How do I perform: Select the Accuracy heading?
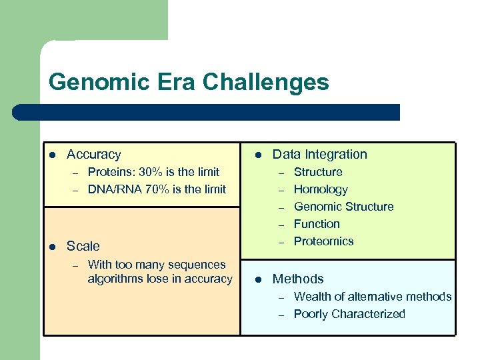coord(94,154)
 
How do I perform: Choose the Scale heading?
coord(83,246)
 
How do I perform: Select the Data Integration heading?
coord(319,154)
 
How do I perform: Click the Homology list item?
coord(321,189)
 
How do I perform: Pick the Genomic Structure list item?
coord(343,207)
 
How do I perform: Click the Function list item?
coord(317,224)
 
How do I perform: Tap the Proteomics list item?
coord(323,241)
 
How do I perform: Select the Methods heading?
coord(298,279)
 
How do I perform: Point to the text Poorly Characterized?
coord(349,314)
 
